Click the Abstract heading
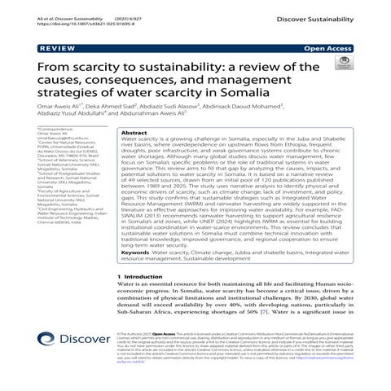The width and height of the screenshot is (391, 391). [x=134, y=132]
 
